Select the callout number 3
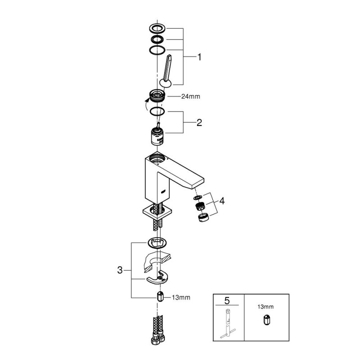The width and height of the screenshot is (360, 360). click(x=120, y=270)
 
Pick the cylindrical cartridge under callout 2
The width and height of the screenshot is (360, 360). click(x=157, y=135)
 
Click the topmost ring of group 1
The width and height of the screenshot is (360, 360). click(x=157, y=28)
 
